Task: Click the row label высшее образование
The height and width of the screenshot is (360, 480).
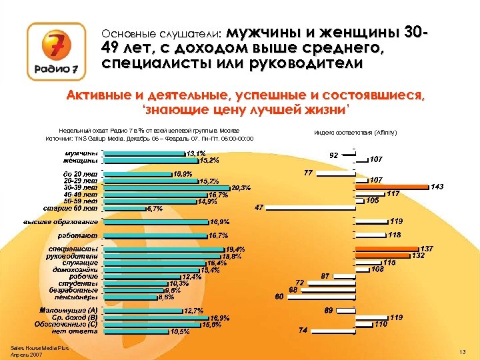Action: [61, 221]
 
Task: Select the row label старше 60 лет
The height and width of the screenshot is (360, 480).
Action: [71, 208]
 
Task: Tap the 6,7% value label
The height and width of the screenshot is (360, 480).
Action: [155, 209]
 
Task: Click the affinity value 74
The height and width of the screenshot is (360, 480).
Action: [303, 331]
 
